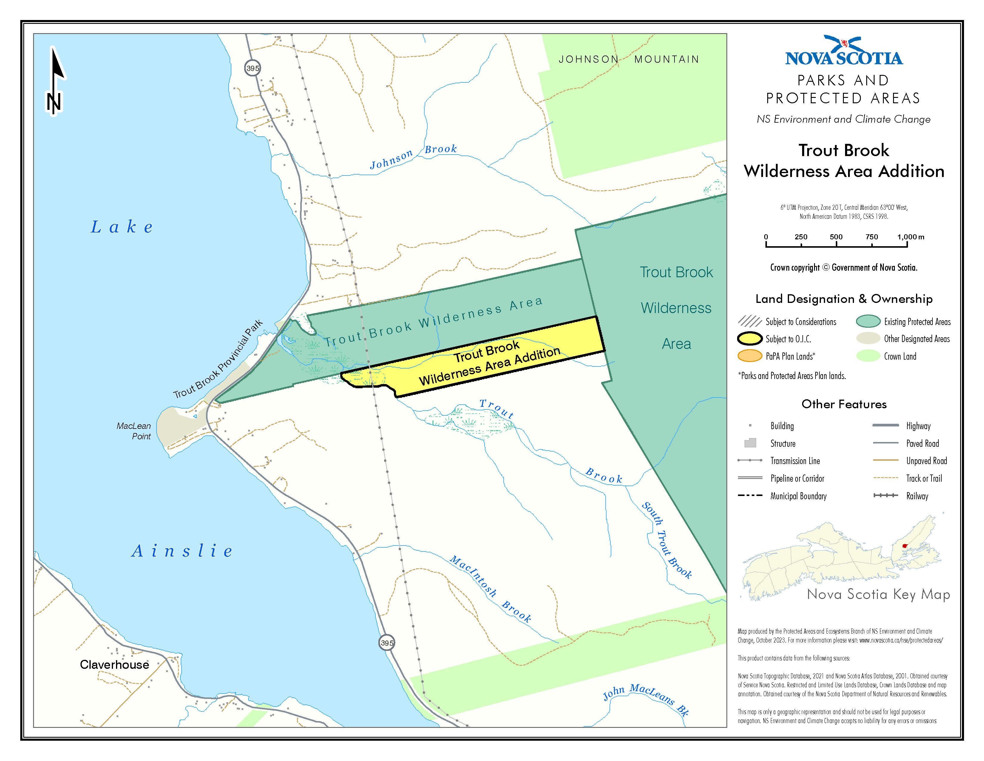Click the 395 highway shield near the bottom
click(x=386, y=643)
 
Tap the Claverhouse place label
click(x=115, y=665)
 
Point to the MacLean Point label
click(x=134, y=431)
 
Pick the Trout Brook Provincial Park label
click(x=218, y=359)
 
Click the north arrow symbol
click(x=55, y=81)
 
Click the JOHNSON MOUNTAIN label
click(x=629, y=59)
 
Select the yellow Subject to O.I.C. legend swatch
click(x=750, y=339)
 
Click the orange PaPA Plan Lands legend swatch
click(x=750, y=356)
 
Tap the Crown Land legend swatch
click(x=868, y=356)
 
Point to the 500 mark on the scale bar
click(x=836, y=244)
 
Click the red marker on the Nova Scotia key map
click(x=905, y=546)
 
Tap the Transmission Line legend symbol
click(x=750, y=460)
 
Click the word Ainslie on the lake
click(x=182, y=551)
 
